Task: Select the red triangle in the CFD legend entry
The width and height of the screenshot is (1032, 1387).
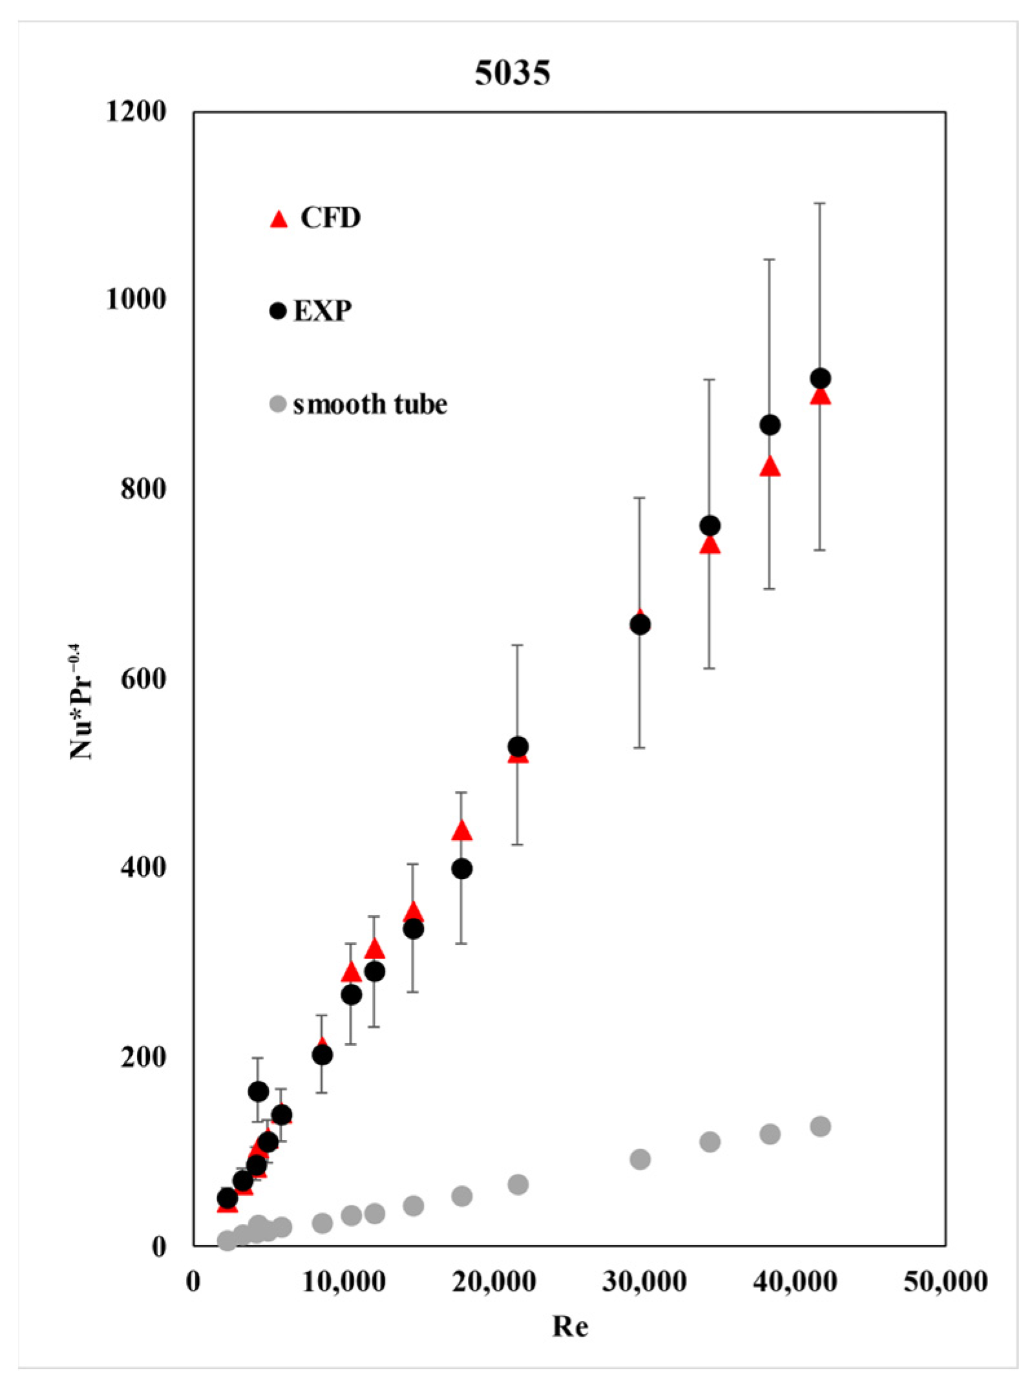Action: click(x=278, y=220)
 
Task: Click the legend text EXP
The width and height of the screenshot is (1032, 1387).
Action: click(x=322, y=312)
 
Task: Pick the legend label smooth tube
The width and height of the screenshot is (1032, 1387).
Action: click(x=370, y=405)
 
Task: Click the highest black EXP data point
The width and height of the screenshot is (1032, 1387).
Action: click(x=820, y=378)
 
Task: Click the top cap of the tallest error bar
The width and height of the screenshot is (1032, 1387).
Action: click(x=820, y=204)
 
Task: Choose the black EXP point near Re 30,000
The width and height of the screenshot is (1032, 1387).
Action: click(x=640, y=624)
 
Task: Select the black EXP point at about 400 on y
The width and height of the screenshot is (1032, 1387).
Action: click(x=461, y=869)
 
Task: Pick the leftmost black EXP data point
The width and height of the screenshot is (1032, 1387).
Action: click(x=227, y=1197)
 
